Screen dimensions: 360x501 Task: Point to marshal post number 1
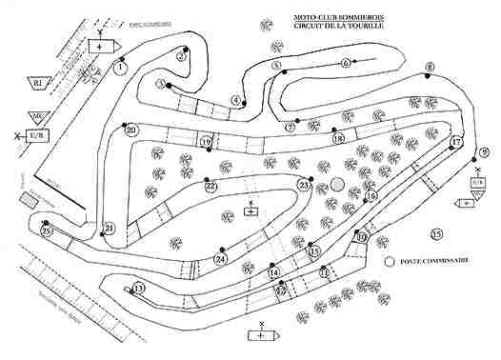pos(120,68)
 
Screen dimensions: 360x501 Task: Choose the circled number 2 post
pos(180,55)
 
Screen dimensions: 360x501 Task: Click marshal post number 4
pos(235,100)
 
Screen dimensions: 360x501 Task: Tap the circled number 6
pos(345,63)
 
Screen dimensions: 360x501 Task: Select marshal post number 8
pos(430,68)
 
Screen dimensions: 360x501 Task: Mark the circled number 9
pos(484,152)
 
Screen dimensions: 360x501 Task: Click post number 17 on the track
pos(456,142)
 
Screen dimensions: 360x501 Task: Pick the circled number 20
pos(131,130)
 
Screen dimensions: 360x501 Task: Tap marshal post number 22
pos(210,187)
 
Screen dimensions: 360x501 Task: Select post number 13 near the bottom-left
pos(139,289)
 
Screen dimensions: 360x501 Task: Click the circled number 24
pos(221,258)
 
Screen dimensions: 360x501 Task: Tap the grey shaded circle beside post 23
pos(337,185)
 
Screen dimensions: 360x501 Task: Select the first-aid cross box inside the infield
pos(250,212)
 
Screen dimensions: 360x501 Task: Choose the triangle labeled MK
pos(35,117)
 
